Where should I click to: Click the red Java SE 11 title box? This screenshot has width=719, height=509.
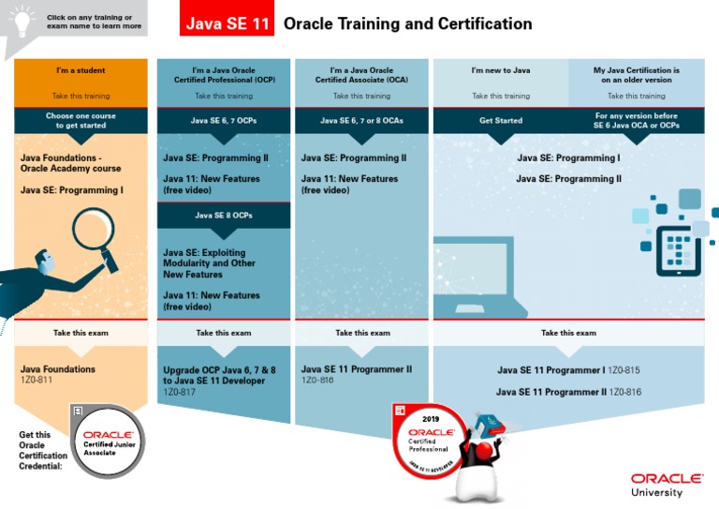click(x=227, y=23)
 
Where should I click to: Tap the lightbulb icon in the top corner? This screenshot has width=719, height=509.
click(x=22, y=19)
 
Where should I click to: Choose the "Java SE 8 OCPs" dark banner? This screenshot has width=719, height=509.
click(x=223, y=215)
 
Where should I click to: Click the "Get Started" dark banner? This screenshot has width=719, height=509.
click(x=501, y=120)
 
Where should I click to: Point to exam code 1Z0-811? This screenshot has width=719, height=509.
click(x=37, y=382)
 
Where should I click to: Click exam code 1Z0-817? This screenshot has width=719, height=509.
click(x=181, y=394)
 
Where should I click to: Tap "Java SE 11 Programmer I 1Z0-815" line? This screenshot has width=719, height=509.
click(x=568, y=370)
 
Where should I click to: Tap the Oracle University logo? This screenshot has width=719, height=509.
click(x=668, y=484)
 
